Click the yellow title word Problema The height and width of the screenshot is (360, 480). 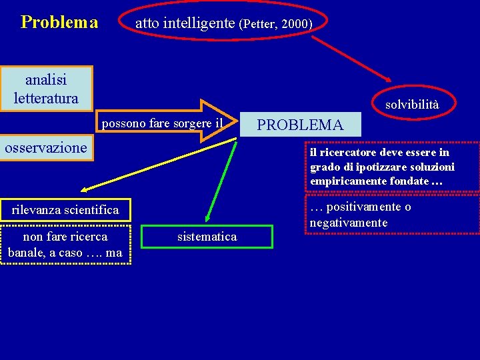(59, 23)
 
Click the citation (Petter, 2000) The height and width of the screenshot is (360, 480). (276, 24)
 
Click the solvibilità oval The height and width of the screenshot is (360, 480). (412, 105)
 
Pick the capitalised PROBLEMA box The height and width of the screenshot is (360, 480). (300, 125)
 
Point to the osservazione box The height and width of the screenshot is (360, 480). (46, 147)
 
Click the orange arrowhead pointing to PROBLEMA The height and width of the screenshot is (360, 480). (217, 121)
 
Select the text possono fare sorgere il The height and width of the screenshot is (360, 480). (161, 123)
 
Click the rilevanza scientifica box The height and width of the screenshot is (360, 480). (65, 210)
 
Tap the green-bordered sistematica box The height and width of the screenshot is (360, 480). (207, 237)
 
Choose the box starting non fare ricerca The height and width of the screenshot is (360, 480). (65, 245)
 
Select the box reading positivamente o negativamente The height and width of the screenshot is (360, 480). (392, 215)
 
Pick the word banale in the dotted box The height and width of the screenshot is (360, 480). (26, 253)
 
